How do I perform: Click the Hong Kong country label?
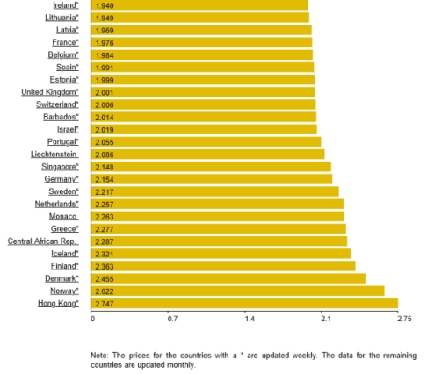pyautogui.click(x=58, y=304)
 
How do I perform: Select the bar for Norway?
pyautogui.click(x=237, y=291)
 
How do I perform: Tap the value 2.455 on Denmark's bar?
pyautogui.click(x=105, y=279)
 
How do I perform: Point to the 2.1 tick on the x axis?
pyautogui.click(x=326, y=319)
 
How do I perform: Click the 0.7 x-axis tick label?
pyautogui.click(x=172, y=319)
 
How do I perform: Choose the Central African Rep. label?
pyautogui.click(x=43, y=241)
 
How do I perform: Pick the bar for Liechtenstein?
pyautogui.click(x=207, y=155)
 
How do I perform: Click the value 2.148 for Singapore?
pyautogui.click(x=105, y=167)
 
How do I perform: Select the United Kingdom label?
pyautogui.click(x=50, y=92)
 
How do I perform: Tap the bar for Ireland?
pyautogui.click(x=199, y=5)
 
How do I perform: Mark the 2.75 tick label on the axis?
pyautogui.click(x=404, y=319)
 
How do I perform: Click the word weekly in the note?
pyautogui.click(x=305, y=356)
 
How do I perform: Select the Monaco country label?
pyautogui.click(x=63, y=216)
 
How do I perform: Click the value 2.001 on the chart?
pyautogui.click(x=105, y=93)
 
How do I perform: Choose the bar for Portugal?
pyautogui.click(x=206, y=141)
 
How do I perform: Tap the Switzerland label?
pyautogui.click(x=57, y=104)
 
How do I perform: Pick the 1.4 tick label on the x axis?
pyautogui.click(x=250, y=319)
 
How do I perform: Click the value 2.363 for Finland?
pyautogui.click(x=105, y=267)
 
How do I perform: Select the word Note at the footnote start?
pyautogui.click(x=99, y=356)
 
